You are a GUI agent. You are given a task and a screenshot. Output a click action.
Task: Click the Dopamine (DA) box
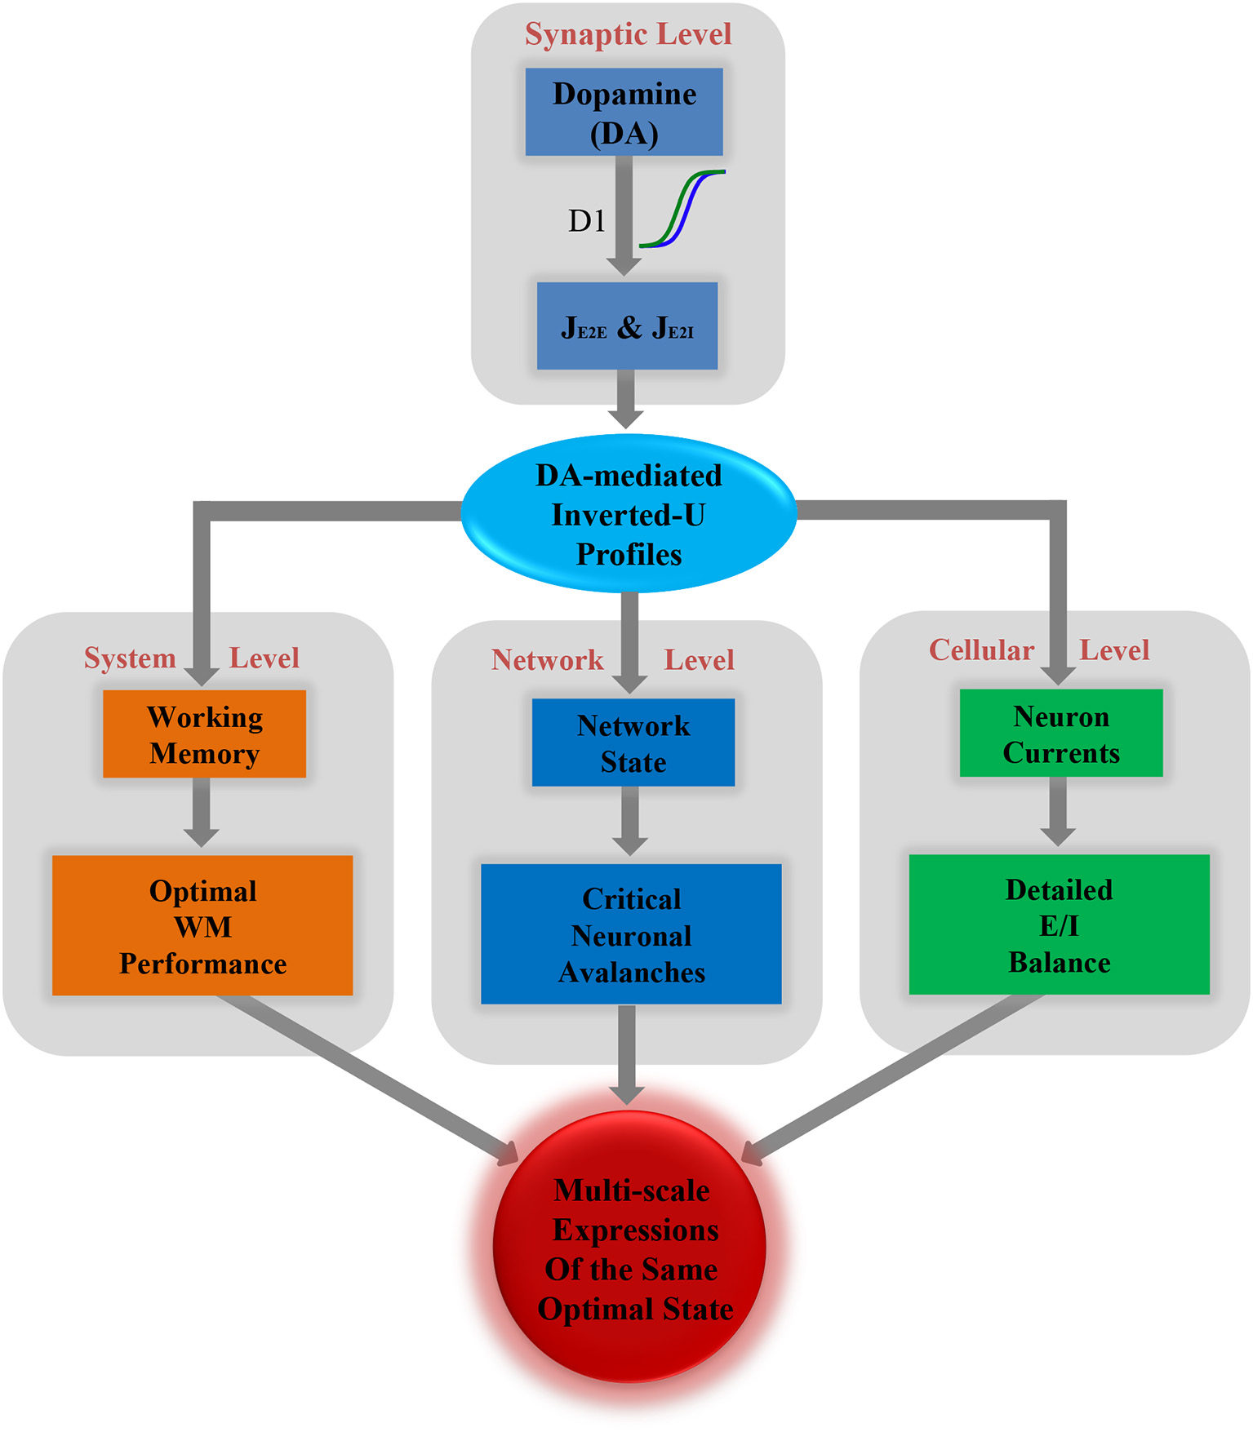pos(624,112)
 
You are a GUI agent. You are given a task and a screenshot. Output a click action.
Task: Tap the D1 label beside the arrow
pos(587,221)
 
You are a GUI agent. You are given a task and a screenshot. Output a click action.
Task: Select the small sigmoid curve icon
pos(682,209)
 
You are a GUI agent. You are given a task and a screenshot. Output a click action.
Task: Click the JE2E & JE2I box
pos(627,326)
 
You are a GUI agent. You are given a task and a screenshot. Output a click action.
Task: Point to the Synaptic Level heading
pos(628,34)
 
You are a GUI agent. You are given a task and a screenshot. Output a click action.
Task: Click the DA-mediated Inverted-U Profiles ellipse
pos(629,514)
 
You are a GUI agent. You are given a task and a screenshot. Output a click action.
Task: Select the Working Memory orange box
pos(204,734)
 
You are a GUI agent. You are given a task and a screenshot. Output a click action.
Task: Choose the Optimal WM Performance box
pos(202,926)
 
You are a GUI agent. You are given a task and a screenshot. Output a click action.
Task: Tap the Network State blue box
pos(633,743)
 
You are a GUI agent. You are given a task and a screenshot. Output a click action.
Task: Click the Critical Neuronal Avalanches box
pos(631,935)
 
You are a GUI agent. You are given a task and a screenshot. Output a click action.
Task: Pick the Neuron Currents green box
pos(1060,734)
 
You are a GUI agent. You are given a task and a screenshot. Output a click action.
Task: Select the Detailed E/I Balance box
pos(1059,925)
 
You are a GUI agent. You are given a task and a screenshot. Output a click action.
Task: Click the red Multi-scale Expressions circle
pos(629,1248)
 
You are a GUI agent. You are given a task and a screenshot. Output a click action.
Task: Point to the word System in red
pos(131,658)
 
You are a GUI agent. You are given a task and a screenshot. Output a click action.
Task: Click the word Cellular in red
pos(981,650)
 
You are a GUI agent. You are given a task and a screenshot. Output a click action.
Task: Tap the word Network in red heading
pos(547,660)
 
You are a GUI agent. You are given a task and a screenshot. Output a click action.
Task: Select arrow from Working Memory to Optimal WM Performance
pos(201,813)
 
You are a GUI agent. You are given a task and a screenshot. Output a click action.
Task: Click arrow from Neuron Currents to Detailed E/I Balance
pos(1058,812)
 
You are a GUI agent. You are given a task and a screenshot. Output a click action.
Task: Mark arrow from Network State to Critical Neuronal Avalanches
pos(630,821)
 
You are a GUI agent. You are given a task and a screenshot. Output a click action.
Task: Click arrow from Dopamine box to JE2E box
pos(624,216)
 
